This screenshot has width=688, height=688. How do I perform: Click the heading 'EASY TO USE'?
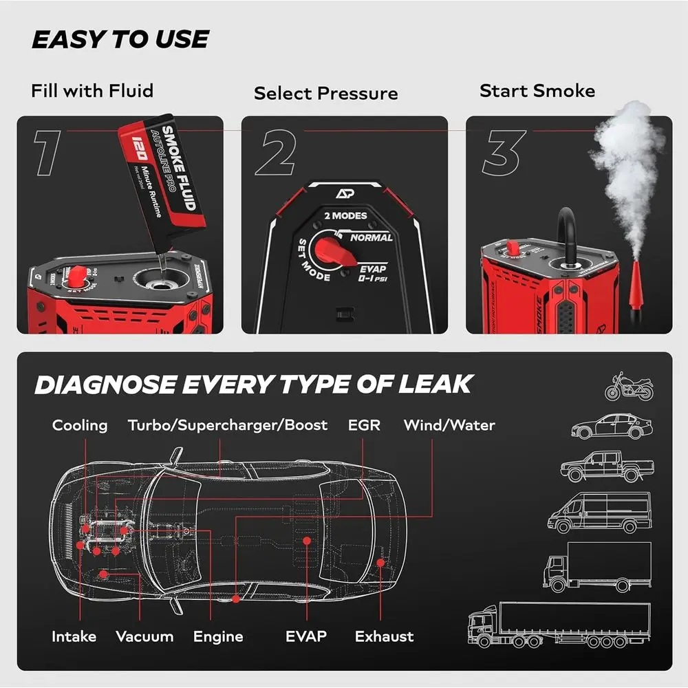(120, 40)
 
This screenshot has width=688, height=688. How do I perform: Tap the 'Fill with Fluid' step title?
(92, 91)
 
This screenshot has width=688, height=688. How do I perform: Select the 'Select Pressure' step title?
(325, 94)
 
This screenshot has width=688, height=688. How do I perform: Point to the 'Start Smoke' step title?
(537, 91)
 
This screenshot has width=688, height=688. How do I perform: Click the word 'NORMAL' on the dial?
(371, 237)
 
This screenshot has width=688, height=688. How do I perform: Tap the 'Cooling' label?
(80, 425)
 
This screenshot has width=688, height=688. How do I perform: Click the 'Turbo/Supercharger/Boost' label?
(228, 425)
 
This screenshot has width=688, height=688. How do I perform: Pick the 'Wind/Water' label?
(449, 425)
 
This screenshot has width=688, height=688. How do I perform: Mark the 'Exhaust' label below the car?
(384, 636)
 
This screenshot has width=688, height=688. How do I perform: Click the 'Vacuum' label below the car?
(144, 636)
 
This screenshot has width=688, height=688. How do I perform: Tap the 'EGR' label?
(364, 425)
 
